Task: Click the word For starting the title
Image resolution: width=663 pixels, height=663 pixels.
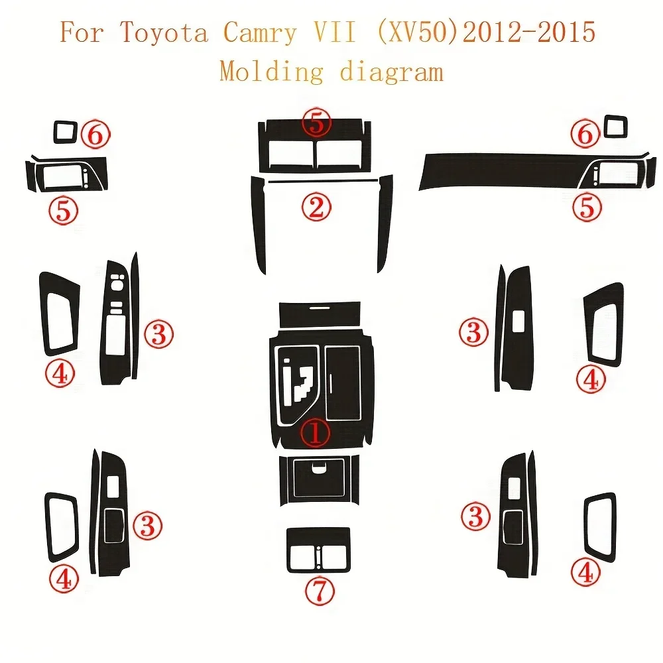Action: [84, 32]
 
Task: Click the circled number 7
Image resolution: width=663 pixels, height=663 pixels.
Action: [320, 588]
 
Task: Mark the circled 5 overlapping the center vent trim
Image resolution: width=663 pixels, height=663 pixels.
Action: [316, 123]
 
